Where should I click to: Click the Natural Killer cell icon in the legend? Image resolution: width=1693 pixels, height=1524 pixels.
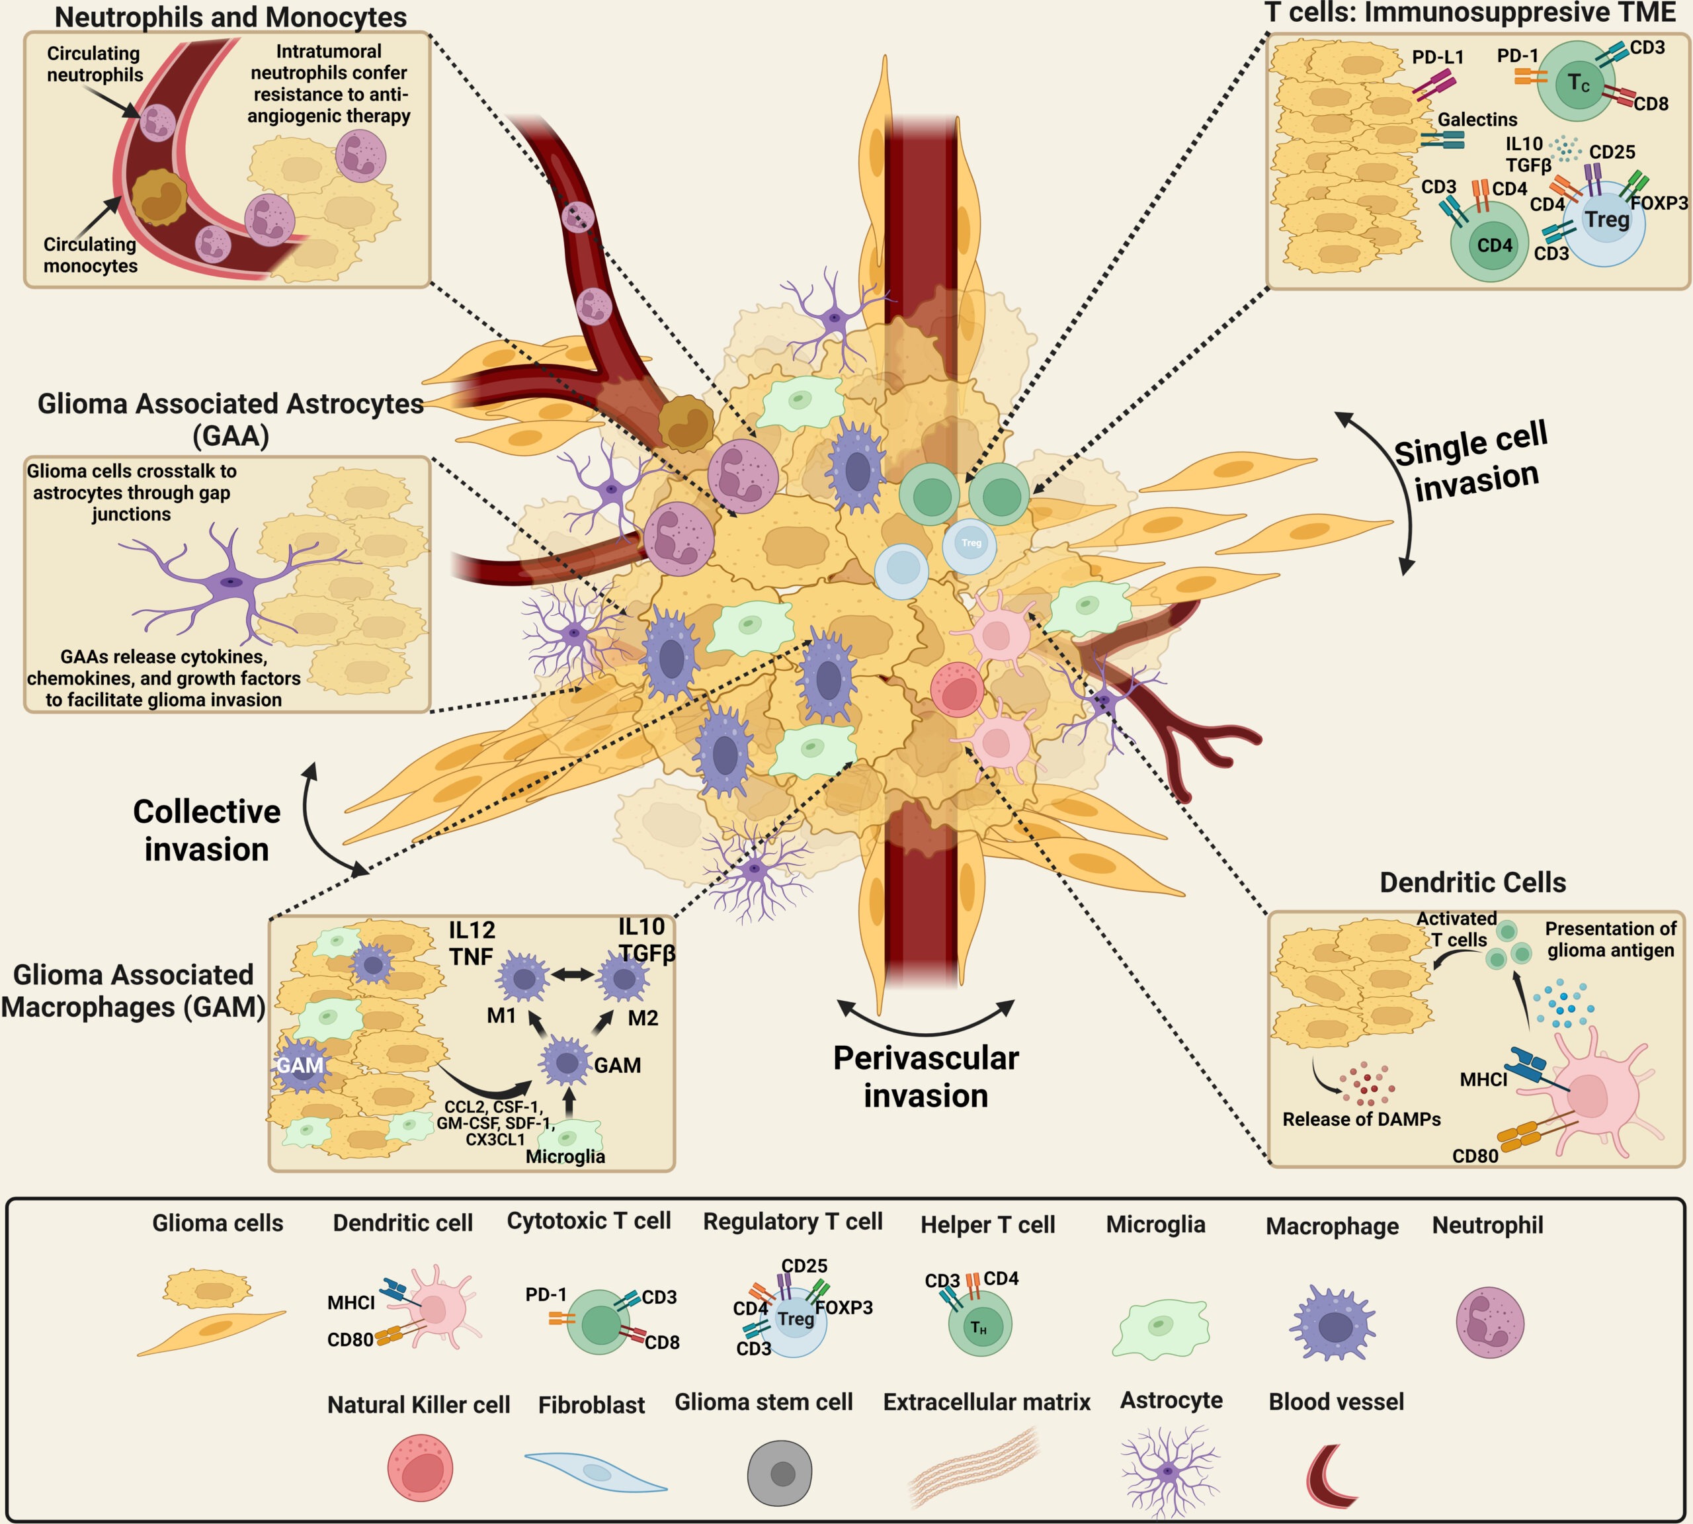[421, 1467]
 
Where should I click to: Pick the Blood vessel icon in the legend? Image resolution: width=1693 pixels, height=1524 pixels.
[1331, 1474]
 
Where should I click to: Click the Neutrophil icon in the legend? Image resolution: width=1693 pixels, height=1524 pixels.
[1489, 1322]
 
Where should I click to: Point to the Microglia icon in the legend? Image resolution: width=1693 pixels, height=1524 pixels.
[1160, 1328]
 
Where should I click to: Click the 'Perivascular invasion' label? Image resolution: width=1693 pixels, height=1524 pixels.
[926, 1076]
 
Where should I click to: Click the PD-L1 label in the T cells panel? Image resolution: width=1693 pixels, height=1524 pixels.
[1438, 57]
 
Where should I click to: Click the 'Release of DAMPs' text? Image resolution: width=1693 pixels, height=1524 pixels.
[1362, 1120]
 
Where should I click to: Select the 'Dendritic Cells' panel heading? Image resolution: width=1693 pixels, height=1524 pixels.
[1473, 882]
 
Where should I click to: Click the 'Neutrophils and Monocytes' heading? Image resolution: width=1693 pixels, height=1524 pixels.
[230, 17]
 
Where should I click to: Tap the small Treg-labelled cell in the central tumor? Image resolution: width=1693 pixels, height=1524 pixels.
[970, 544]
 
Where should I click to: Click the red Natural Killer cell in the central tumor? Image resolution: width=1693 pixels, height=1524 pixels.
[957, 689]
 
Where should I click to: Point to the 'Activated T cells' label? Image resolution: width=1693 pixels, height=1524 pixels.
[1457, 929]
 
